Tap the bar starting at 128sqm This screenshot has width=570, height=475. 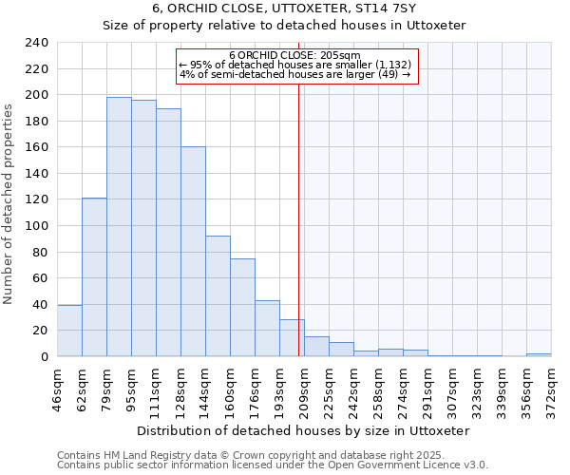[193, 252]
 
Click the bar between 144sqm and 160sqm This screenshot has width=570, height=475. [218, 295]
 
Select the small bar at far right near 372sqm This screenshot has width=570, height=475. [539, 354]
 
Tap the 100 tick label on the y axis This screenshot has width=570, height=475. [36, 226]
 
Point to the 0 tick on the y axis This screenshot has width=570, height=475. [44, 357]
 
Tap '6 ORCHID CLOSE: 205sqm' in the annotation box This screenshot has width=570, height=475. [294, 56]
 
